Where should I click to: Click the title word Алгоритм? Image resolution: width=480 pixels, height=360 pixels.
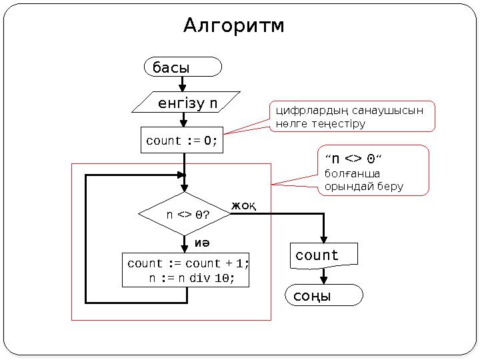click(x=234, y=26)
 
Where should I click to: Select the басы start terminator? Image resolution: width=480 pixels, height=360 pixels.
click(x=183, y=67)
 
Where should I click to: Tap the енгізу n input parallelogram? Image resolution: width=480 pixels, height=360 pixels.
click(x=187, y=103)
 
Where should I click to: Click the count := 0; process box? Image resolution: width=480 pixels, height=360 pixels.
click(x=182, y=141)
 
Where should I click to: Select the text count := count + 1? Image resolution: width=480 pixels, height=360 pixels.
click(x=188, y=263)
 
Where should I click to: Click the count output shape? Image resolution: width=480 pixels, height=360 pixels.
click(x=324, y=255)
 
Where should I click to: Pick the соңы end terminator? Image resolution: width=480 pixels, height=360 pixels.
click(x=324, y=295)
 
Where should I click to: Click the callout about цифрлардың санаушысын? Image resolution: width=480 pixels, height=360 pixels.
click(x=351, y=117)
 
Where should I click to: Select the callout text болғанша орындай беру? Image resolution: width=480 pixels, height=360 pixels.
click(x=363, y=180)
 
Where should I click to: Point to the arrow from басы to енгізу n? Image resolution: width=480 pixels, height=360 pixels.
click(x=183, y=83)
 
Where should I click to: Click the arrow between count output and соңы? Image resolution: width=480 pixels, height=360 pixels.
click(x=324, y=276)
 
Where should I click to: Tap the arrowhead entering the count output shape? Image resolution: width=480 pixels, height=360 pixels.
click(x=324, y=239)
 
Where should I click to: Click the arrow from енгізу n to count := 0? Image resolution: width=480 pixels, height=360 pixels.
click(x=183, y=120)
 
